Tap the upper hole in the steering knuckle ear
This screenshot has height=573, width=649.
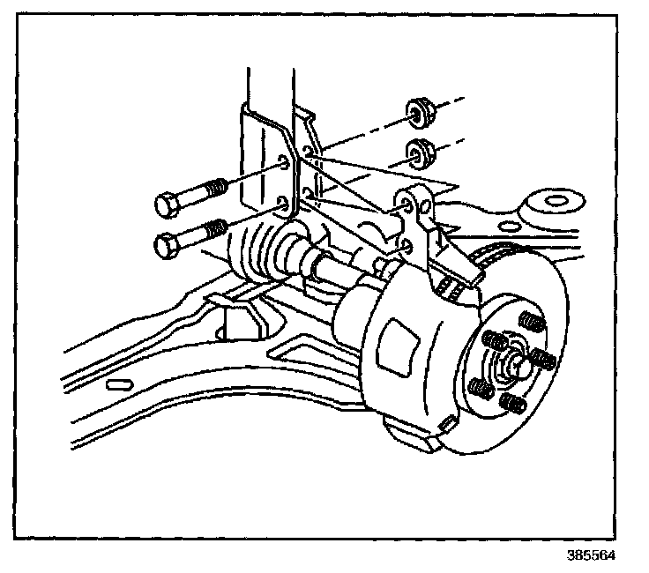(407, 205)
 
